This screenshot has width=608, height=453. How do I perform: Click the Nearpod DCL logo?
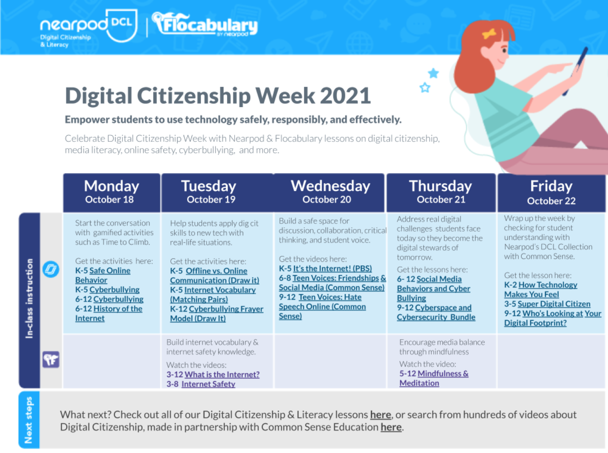(88, 27)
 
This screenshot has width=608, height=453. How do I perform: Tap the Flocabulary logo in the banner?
(205, 25)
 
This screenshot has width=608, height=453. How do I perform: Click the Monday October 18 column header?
(112, 192)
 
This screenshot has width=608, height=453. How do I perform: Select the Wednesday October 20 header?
(330, 192)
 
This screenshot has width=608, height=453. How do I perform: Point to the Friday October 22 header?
(551, 192)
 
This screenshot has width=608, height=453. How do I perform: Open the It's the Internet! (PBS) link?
(332, 269)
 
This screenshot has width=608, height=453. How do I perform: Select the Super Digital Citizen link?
(554, 304)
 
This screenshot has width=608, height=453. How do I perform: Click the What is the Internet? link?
(222, 375)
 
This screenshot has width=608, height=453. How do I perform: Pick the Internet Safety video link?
(208, 384)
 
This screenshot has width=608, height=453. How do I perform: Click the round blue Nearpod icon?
(51, 270)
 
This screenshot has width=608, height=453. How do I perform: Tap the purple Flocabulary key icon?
(51, 360)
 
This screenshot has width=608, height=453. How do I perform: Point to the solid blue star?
(433, 73)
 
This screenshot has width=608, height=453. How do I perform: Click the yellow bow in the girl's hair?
(489, 34)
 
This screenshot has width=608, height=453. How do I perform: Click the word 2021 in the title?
(345, 96)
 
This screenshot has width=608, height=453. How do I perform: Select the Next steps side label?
(29, 420)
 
